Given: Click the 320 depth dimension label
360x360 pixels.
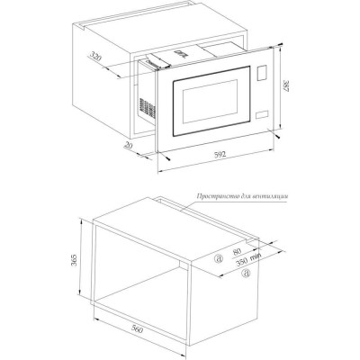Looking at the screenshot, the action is pyautogui.click(x=95, y=57).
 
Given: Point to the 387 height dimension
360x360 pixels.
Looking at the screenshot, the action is pyautogui.click(x=286, y=85).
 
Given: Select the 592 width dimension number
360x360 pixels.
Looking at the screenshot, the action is pyautogui.click(x=220, y=155).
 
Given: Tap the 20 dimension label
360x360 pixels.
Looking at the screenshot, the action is pyautogui.click(x=128, y=146).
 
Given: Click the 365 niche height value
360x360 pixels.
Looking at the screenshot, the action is pyautogui.click(x=74, y=260).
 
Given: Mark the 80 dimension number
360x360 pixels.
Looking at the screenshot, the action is pyautogui.click(x=237, y=251).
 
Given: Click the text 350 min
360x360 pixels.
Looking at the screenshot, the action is pyautogui.click(x=248, y=260).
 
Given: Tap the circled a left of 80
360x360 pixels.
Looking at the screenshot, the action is pyautogui.click(x=219, y=258).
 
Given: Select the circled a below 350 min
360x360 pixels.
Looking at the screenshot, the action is pyautogui.click(x=247, y=273).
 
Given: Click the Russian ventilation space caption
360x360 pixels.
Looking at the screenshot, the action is pyautogui.click(x=242, y=196).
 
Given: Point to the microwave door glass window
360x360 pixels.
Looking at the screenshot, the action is pyautogui.click(x=210, y=101).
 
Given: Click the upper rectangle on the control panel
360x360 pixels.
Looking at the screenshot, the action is pyautogui.click(x=262, y=73).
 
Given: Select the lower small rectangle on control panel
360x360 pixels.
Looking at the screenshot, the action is pyautogui.click(x=262, y=115).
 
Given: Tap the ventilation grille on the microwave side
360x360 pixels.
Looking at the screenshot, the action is pyautogui.click(x=147, y=108).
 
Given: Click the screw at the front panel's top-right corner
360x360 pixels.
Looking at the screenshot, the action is pyautogui.click(x=280, y=45).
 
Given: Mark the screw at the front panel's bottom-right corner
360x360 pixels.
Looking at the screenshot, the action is pyautogui.click(x=277, y=136).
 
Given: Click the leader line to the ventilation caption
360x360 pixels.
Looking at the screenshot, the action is pyautogui.click(x=235, y=203).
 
